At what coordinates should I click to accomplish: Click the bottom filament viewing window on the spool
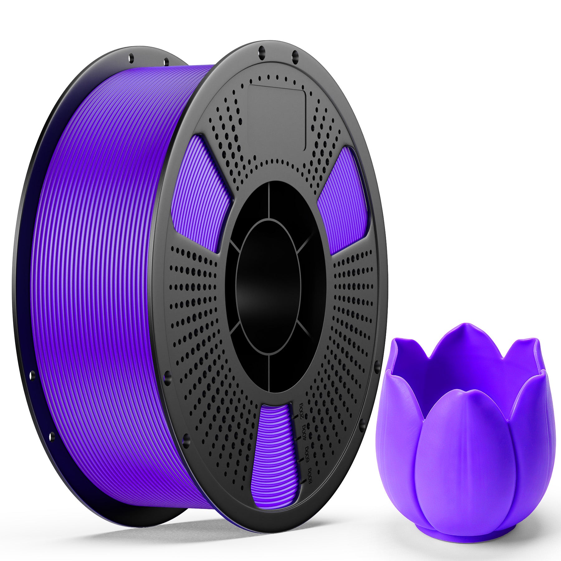[274, 452]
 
